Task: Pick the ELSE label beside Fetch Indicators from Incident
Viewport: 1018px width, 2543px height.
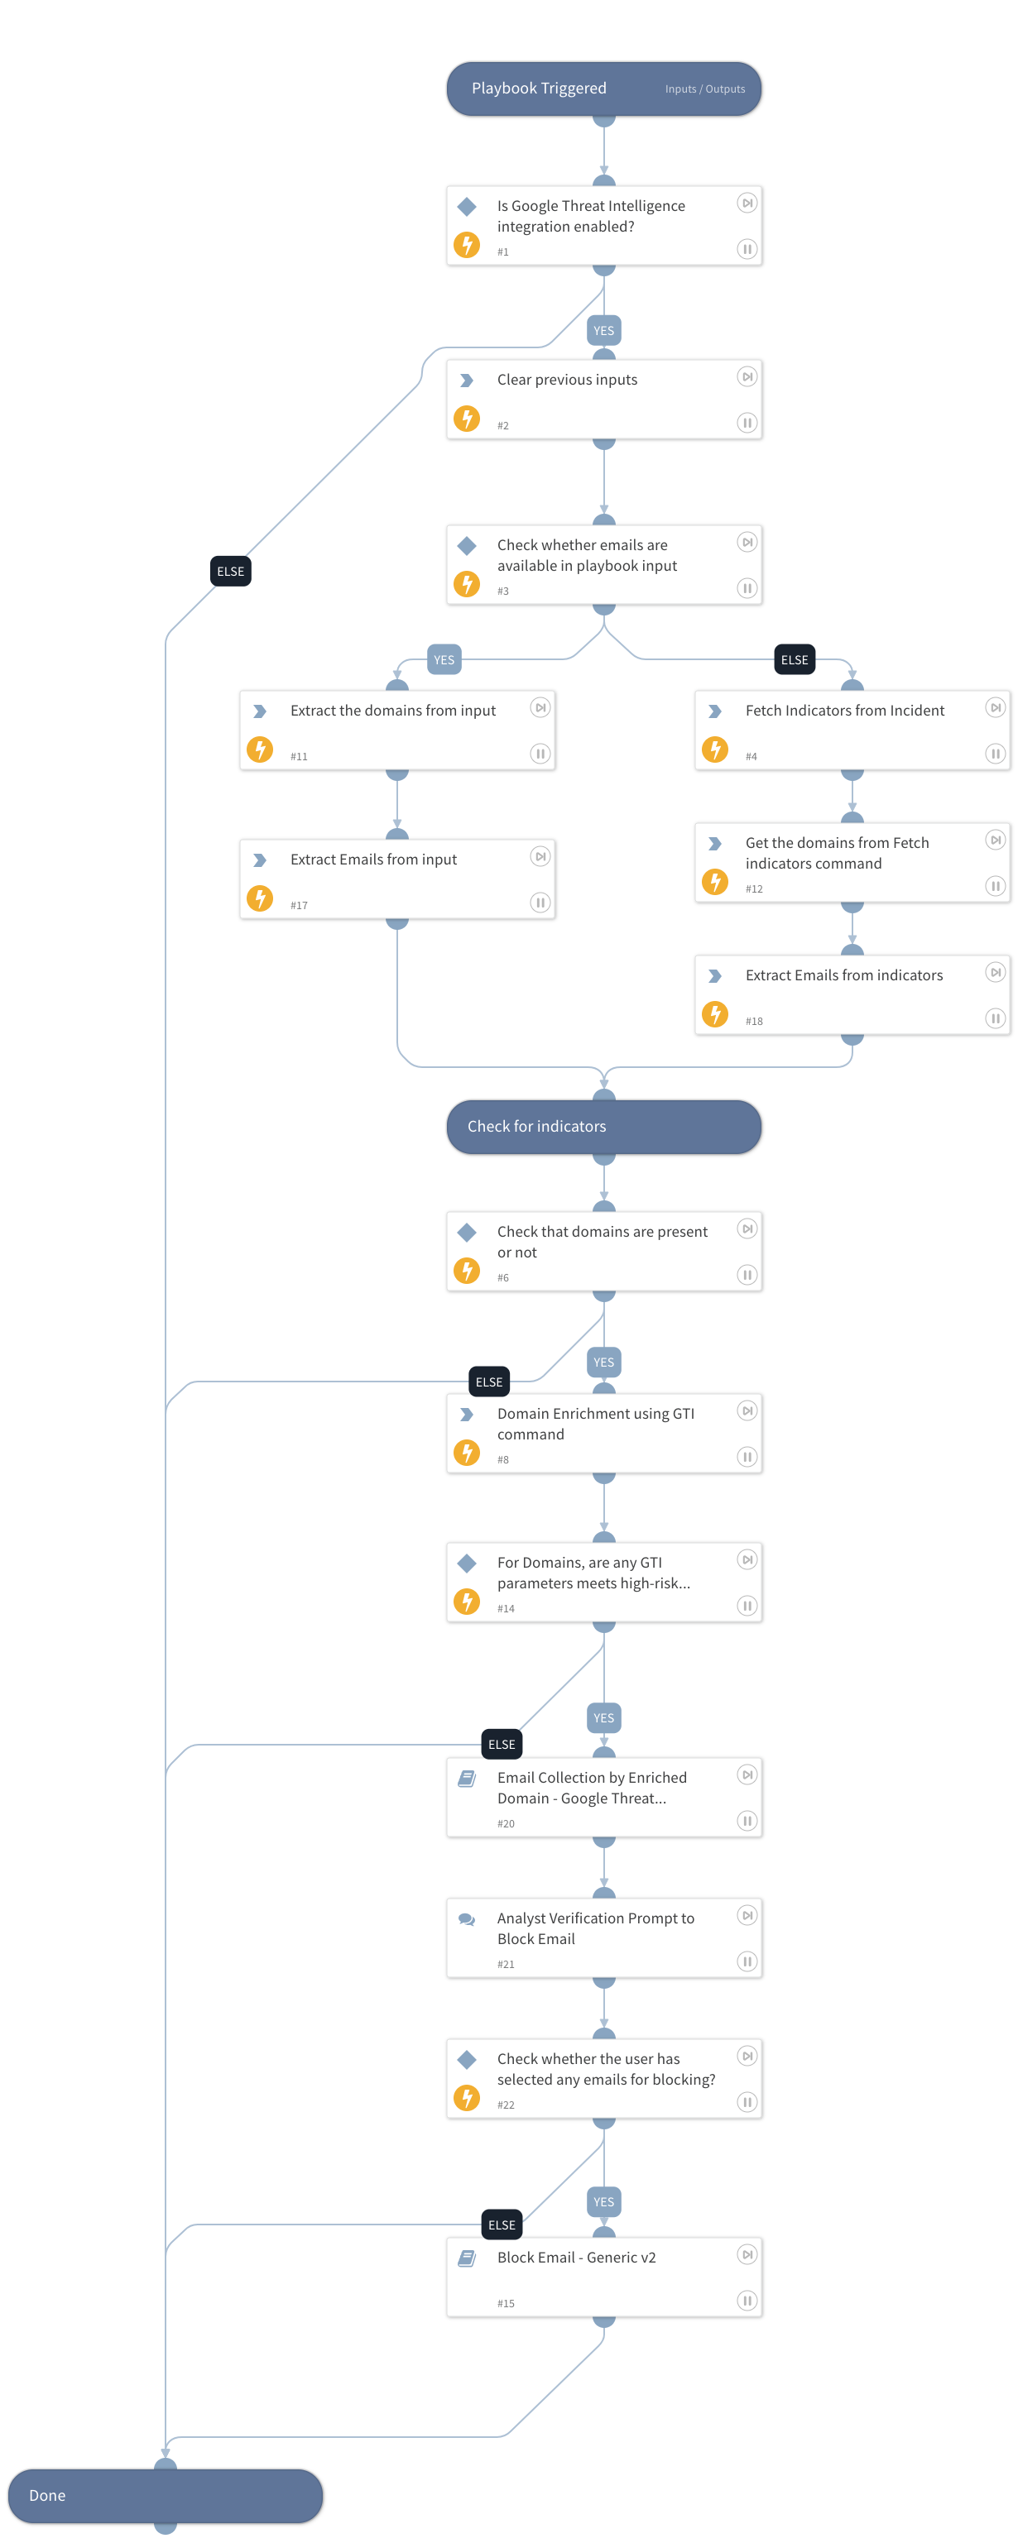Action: tap(794, 660)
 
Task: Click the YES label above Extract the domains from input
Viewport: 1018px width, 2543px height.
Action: tap(444, 660)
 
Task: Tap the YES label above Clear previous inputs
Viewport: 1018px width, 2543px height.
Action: tap(603, 331)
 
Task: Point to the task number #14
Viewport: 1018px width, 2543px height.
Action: tap(506, 1608)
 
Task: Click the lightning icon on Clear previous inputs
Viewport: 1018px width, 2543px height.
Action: tap(467, 419)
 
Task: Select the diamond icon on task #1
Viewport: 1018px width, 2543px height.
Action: tap(467, 206)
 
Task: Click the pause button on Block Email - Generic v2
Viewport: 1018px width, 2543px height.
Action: tap(747, 2300)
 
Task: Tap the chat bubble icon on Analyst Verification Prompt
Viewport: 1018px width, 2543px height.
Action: tap(467, 1919)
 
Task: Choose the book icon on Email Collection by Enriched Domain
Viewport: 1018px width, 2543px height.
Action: tap(467, 1779)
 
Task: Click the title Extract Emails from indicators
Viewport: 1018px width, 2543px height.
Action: tap(843, 975)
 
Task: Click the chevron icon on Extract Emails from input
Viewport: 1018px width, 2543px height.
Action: tap(260, 860)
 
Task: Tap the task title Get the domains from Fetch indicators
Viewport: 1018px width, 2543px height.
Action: tap(836, 853)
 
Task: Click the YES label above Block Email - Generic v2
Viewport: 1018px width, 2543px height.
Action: tap(603, 2201)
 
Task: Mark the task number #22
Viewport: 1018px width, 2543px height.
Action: tap(506, 2105)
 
